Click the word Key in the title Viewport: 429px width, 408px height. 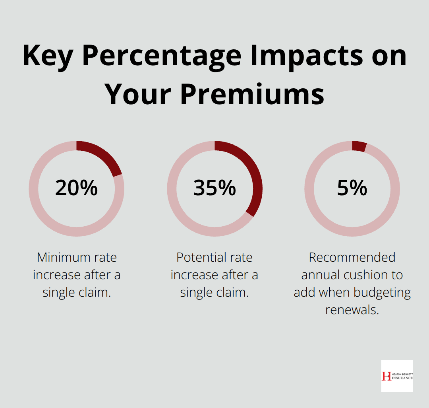click(48, 56)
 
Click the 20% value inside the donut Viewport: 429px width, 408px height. click(76, 188)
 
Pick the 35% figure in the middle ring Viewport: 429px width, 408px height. click(214, 188)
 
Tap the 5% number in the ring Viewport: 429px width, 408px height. click(352, 188)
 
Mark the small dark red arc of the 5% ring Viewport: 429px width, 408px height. click(359, 146)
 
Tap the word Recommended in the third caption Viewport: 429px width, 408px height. click(352, 257)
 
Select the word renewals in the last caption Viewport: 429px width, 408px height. click(352, 310)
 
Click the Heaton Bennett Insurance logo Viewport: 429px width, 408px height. click(397, 376)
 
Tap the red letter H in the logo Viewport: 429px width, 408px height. click(386, 376)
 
